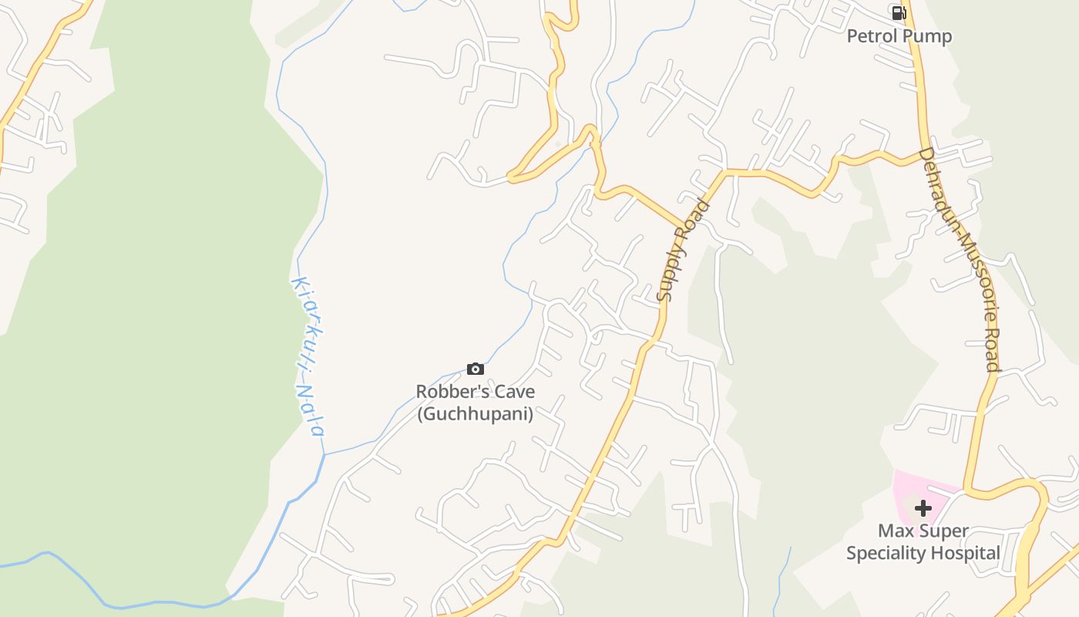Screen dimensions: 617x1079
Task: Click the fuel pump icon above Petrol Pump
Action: pyautogui.click(x=899, y=12)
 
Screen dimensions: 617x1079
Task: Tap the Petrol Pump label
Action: pyautogui.click(x=899, y=36)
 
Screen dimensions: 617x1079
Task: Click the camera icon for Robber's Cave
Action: pyautogui.click(x=476, y=369)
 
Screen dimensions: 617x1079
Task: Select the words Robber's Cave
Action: pyautogui.click(x=475, y=391)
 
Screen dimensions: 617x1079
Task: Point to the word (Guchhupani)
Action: pyautogui.click(x=475, y=413)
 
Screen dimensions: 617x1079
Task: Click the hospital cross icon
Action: pyautogui.click(x=923, y=508)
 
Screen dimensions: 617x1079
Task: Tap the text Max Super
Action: pyautogui.click(x=923, y=531)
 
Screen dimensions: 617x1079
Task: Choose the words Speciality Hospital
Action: pyautogui.click(x=923, y=553)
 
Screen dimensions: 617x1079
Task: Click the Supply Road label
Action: pyautogui.click(x=682, y=251)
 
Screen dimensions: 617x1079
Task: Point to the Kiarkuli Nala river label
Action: pyautogui.click(x=308, y=356)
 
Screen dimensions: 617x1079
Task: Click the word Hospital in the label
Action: pyautogui.click(x=965, y=553)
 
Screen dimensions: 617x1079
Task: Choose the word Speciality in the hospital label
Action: pyautogui.click(x=886, y=553)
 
